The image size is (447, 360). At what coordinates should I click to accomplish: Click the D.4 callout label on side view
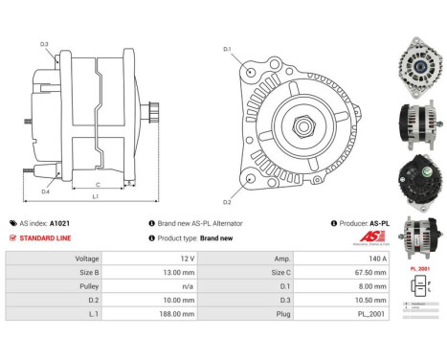click(44, 191)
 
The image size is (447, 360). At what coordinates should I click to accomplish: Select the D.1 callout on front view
click(227, 49)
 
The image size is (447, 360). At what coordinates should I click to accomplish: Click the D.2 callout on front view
click(227, 202)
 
